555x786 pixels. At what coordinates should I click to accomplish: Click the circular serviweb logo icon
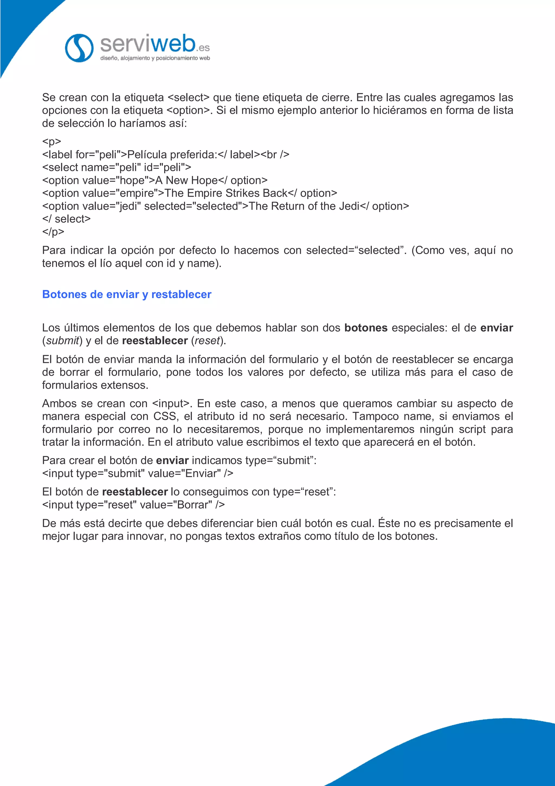(79, 48)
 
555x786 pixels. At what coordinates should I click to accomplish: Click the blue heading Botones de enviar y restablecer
(127, 294)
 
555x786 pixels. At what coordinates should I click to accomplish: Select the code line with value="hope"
(154, 180)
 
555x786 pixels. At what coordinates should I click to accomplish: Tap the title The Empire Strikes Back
(226, 193)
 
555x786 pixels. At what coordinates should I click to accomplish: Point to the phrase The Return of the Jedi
(304, 206)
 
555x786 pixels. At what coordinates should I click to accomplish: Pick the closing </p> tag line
(53, 232)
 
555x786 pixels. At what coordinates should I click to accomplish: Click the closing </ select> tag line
(66, 219)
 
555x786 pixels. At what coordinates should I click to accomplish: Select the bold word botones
(366, 328)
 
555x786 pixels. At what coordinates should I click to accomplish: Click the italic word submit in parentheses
(63, 341)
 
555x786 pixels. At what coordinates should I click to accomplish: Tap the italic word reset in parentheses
(207, 341)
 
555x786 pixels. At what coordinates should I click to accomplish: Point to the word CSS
(165, 417)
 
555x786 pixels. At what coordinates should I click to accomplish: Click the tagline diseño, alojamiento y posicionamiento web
(155, 58)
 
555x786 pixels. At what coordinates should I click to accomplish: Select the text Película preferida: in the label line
(172, 155)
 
